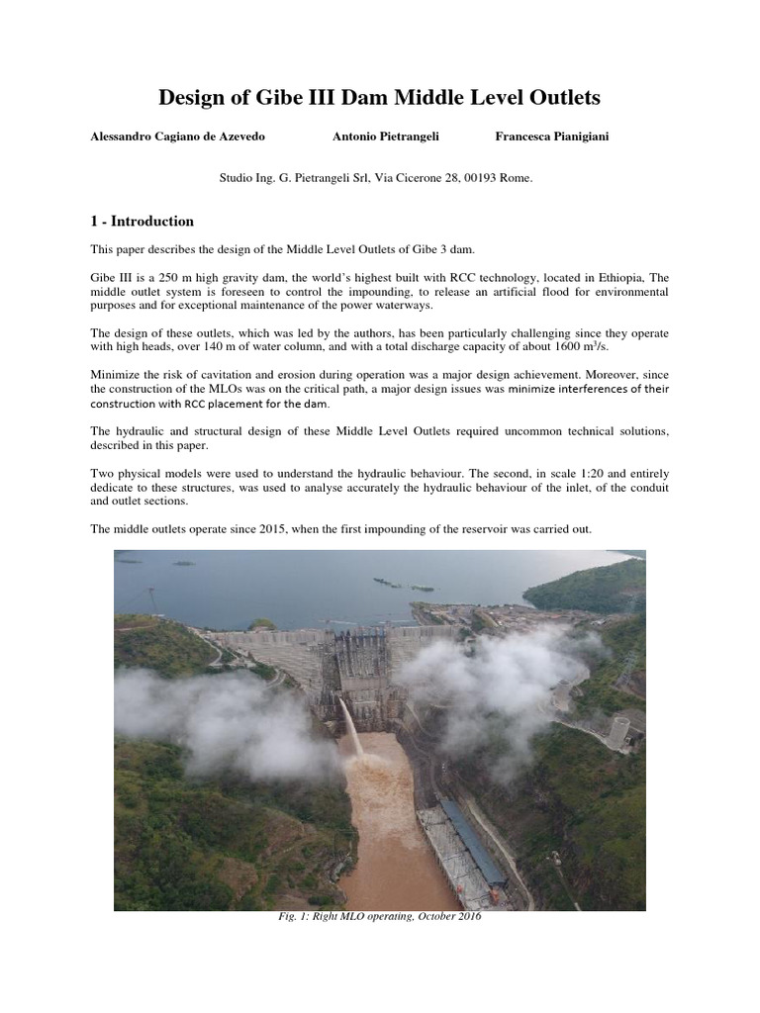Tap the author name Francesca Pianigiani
point(552,137)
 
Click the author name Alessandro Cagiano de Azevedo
point(177,137)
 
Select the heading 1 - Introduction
point(142,222)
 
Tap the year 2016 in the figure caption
point(466,917)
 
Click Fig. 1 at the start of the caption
point(290,917)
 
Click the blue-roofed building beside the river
point(473,841)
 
